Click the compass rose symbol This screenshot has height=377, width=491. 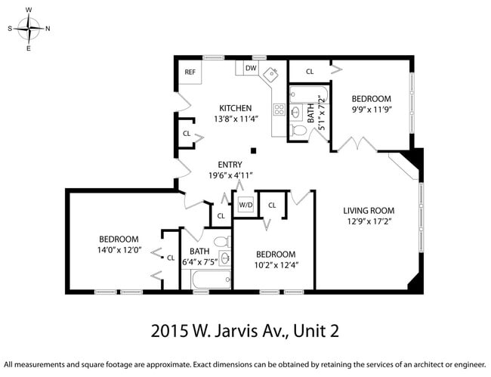pos(29,29)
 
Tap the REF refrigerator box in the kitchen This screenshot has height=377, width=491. pos(190,73)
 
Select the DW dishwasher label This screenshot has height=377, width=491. pos(251,69)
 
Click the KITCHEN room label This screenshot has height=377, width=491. pos(235,107)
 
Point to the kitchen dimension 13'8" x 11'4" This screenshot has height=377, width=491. pos(235,119)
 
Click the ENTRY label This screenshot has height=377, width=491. pos(230,164)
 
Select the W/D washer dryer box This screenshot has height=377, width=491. pos(246,205)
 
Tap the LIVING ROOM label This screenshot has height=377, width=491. pos(369,211)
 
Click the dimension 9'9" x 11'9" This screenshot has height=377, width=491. pos(370,110)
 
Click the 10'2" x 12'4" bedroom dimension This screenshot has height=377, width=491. pos(275,265)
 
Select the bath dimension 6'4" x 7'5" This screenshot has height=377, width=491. pos(199,262)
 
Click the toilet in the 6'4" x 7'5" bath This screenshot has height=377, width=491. pos(221,243)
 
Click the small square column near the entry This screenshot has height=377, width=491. pos(255,150)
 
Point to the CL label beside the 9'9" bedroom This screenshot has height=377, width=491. pos(310,72)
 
